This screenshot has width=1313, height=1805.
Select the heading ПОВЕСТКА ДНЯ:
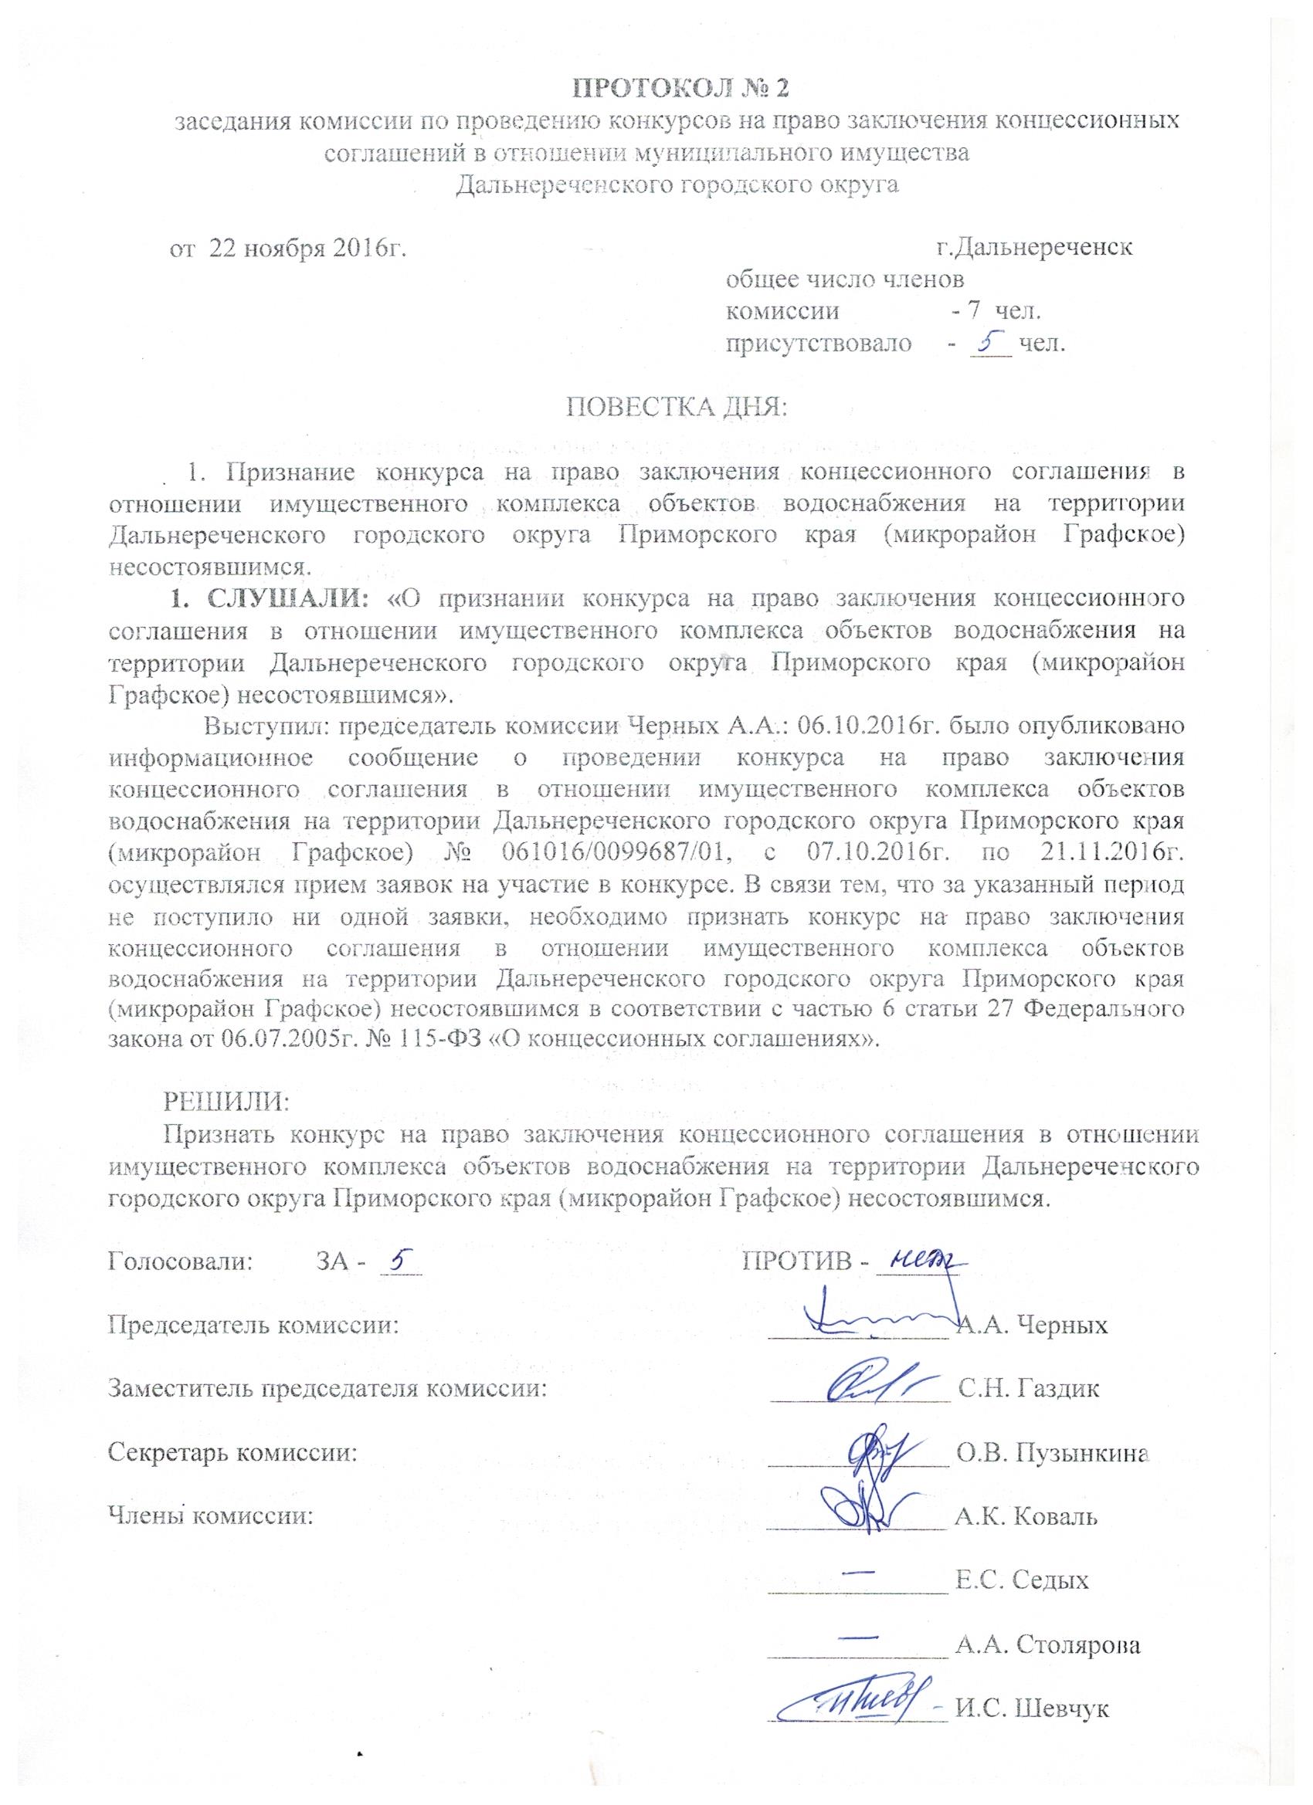click(675, 409)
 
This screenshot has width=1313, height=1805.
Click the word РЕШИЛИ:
click(226, 1102)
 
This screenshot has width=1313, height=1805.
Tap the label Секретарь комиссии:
click(232, 1453)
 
